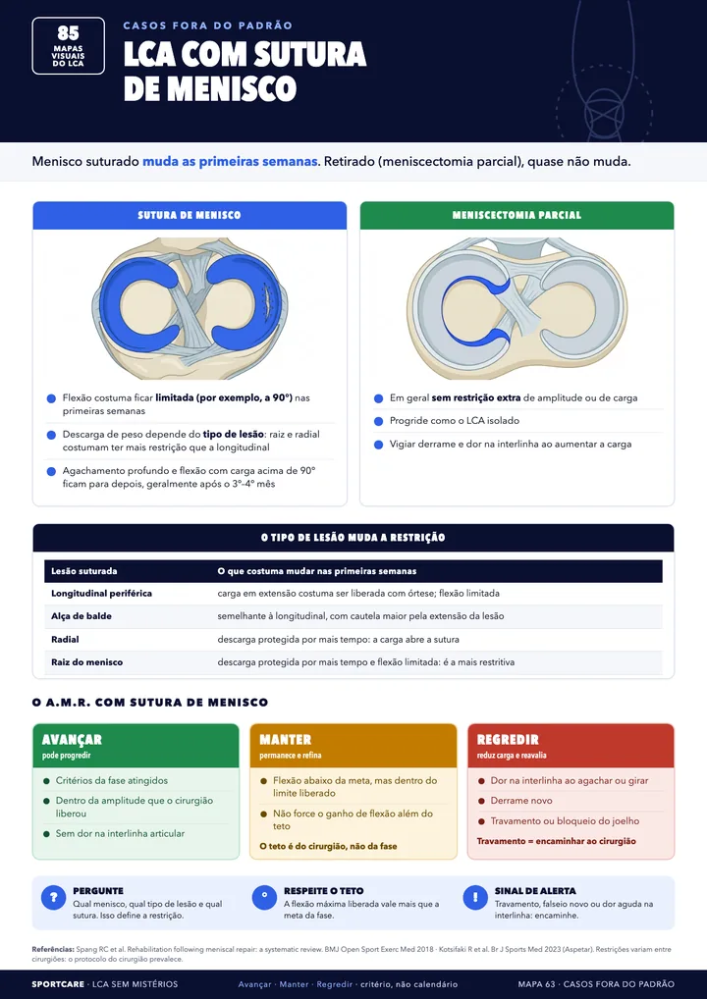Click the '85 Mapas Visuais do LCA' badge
tap(68, 46)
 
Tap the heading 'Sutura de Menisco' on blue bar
tap(190, 215)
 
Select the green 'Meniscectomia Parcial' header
tap(517, 215)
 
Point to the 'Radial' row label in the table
tap(65, 639)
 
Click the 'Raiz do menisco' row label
tap(86, 662)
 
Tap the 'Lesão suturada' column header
tap(84, 571)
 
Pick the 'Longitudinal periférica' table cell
tap(101, 593)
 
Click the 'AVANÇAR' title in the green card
tap(72, 740)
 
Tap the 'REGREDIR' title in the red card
tap(508, 740)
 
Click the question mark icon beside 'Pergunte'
tap(54, 898)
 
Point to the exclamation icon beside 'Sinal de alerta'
tap(475, 898)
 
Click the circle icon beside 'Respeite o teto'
tap(264, 898)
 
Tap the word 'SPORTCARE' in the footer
tap(58, 984)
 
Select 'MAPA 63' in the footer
tap(536, 984)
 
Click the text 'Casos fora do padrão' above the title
tap(208, 26)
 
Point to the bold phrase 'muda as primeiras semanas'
tap(230, 161)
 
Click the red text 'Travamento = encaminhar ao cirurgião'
tap(557, 841)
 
